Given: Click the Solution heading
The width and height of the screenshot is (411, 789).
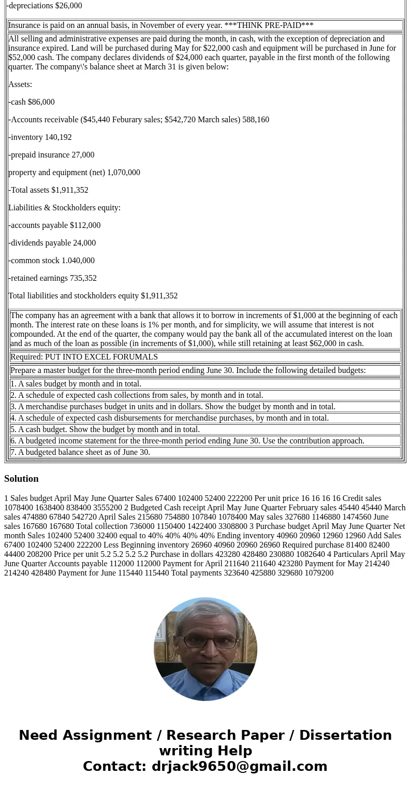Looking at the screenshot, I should tap(21, 479).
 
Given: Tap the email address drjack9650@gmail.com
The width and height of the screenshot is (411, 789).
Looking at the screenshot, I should tap(239, 767).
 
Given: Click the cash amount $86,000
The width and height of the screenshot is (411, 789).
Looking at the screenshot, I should tap(41, 102).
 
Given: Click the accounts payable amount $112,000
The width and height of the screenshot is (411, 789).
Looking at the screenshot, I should tap(85, 225).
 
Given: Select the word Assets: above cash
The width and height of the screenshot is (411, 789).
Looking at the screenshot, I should tap(20, 84).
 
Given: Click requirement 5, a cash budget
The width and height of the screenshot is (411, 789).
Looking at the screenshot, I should tap(105, 429).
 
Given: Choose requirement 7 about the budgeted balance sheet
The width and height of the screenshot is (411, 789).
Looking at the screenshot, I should tap(80, 452).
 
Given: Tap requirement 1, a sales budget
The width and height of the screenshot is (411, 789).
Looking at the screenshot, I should tap(76, 384).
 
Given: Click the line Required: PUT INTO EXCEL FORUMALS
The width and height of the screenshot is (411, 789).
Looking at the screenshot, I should tap(84, 357).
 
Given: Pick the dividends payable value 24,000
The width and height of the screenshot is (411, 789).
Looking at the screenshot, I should tap(84, 243).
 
